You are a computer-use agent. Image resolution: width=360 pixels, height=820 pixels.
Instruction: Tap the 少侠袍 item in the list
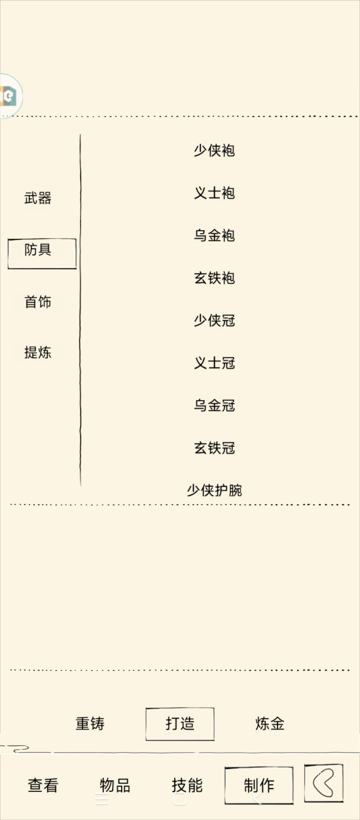point(214,150)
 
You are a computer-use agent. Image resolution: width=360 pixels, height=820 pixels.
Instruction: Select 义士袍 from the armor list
point(214,193)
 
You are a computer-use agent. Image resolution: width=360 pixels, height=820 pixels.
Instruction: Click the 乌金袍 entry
point(214,235)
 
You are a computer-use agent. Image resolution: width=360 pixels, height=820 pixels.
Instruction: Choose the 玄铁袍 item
point(214,278)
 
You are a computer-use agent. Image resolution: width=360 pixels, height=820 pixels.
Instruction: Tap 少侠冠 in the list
point(214,320)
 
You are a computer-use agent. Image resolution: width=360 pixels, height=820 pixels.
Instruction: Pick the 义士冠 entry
point(214,363)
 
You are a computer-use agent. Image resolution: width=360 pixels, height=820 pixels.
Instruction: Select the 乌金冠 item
point(214,405)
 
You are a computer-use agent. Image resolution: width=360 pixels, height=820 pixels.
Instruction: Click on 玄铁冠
point(214,447)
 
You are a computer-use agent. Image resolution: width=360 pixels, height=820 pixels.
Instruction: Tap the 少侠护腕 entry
point(214,490)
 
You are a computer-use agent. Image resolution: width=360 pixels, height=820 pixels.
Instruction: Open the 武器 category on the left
point(37,198)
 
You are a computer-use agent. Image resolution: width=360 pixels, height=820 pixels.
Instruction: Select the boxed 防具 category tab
point(42,253)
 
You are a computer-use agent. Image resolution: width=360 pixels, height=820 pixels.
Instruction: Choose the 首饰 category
point(37,302)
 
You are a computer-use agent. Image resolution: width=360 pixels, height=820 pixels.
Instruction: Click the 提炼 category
point(37,352)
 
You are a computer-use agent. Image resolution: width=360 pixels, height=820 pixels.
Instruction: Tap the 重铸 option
point(90,723)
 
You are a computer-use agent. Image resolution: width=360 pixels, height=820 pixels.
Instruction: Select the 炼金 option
point(270,723)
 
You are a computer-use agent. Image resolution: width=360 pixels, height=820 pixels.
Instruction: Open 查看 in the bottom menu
point(43,785)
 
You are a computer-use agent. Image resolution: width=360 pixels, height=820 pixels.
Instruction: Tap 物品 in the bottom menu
point(115,785)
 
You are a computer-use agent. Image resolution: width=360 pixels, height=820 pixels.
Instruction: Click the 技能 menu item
point(187,785)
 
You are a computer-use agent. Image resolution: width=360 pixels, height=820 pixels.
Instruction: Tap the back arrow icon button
point(323,782)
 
